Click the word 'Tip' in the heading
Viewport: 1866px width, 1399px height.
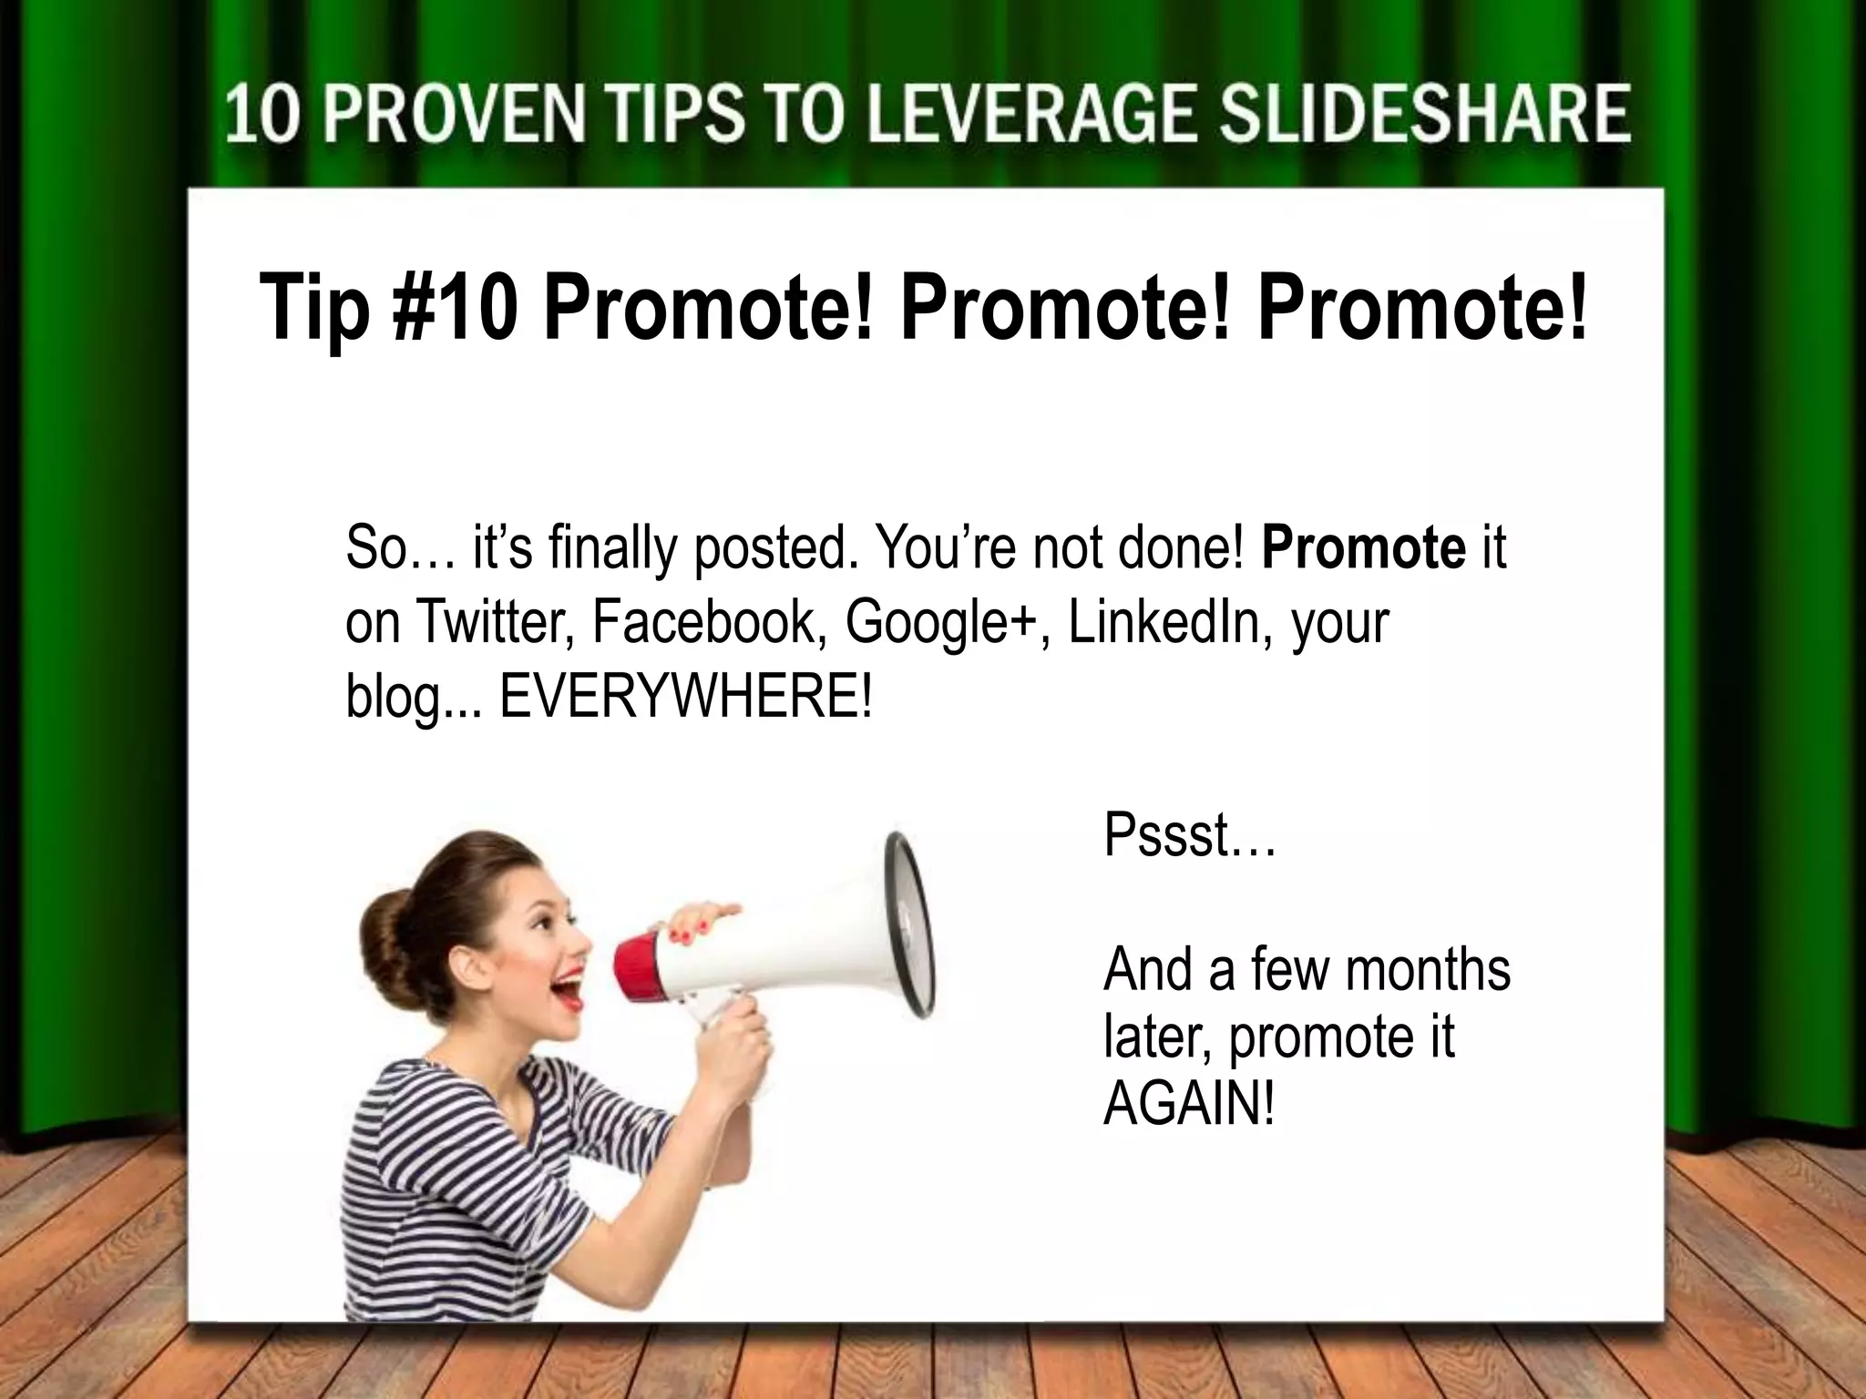click(x=314, y=307)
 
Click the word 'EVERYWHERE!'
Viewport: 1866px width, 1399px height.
click(x=685, y=696)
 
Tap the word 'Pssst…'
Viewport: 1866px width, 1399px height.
click(x=1189, y=835)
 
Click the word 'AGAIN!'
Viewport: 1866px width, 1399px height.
click(x=1189, y=1105)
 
